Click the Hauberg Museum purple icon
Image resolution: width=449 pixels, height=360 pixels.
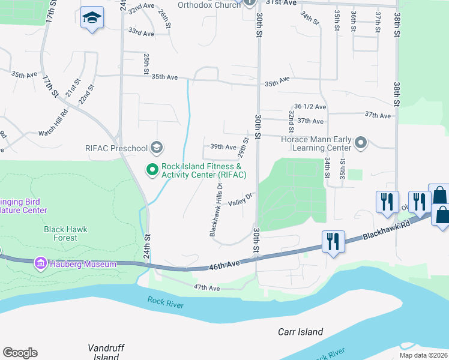click(41, 263)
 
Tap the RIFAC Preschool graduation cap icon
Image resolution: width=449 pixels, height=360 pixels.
click(156, 148)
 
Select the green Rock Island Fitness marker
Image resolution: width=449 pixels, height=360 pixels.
click(152, 170)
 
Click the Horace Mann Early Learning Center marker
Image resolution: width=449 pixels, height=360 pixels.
click(360, 143)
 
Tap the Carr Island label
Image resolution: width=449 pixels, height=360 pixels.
click(300, 332)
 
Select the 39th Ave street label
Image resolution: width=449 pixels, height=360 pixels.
click(223, 146)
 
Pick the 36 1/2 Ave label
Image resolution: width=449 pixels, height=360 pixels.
click(310, 107)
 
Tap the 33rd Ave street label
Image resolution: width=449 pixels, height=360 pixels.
click(141, 32)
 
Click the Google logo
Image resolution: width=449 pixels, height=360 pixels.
click(20, 353)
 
